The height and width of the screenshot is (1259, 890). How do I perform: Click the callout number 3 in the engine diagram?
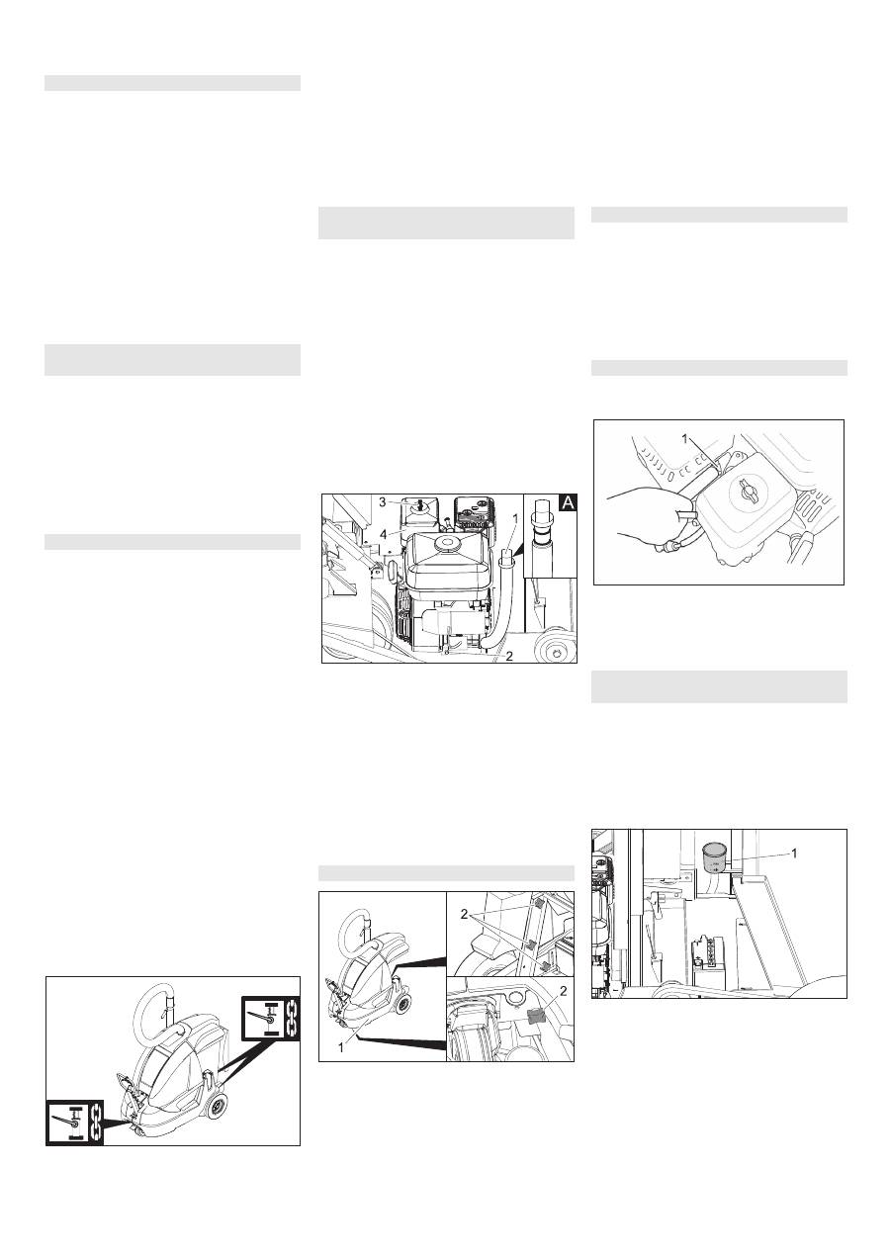click(x=382, y=501)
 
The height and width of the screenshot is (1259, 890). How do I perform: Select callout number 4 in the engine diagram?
click(x=384, y=533)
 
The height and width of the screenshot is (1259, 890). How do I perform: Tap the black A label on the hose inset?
click(x=569, y=503)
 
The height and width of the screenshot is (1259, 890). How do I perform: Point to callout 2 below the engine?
click(x=509, y=656)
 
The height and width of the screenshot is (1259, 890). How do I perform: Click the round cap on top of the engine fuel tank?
click(x=447, y=543)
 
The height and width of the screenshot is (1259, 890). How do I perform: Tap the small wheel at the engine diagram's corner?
click(x=556, y=650)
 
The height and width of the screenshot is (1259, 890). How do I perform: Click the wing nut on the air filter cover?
click(x=741, y=495)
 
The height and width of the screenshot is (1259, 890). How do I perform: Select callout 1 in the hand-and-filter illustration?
click(x=685, y=439)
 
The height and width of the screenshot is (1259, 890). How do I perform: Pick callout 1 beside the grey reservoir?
click(x=794, y=854)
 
